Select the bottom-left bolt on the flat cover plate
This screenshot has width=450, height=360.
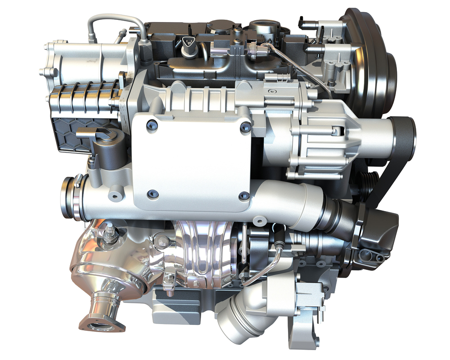click(x=150, y=193)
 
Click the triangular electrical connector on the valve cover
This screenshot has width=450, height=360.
click(x=189, y=43)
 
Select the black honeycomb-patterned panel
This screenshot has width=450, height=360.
click(x=70, y=130)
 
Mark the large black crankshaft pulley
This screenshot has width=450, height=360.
click(x=373, y=63)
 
